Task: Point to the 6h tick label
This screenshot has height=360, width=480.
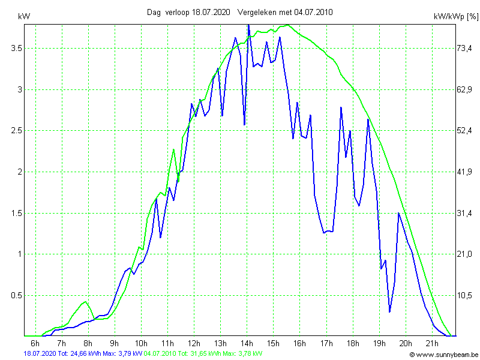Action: coord(35,343)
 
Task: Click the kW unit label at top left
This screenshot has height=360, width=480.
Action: coord(25,17)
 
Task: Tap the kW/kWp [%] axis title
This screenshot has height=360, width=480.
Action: coord(455,17)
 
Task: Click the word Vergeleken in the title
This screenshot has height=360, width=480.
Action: coord(258,12)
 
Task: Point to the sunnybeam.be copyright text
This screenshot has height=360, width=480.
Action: coord(444,355)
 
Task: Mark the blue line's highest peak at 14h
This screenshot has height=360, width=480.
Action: coord(248,25)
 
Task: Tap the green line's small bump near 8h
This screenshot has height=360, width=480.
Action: coord(86,301)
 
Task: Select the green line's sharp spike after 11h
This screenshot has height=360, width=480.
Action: coord(174,149)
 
